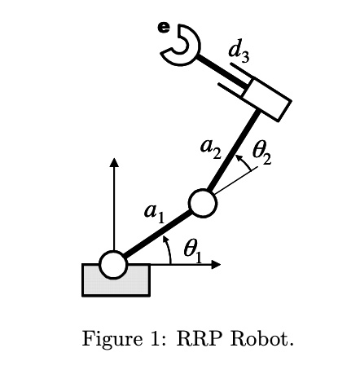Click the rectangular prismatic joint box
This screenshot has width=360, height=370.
tap(266, 98)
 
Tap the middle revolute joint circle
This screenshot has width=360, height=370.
tap(202, 202)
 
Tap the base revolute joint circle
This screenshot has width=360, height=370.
tap(113, 264)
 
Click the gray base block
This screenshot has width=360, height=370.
tap(116, 284)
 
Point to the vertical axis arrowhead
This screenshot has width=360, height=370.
tap(113, 162)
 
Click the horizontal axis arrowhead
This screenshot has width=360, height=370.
tap(216, 264)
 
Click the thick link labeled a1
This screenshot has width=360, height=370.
tap(157, 234)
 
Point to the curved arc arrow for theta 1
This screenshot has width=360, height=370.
tap(169, 249)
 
